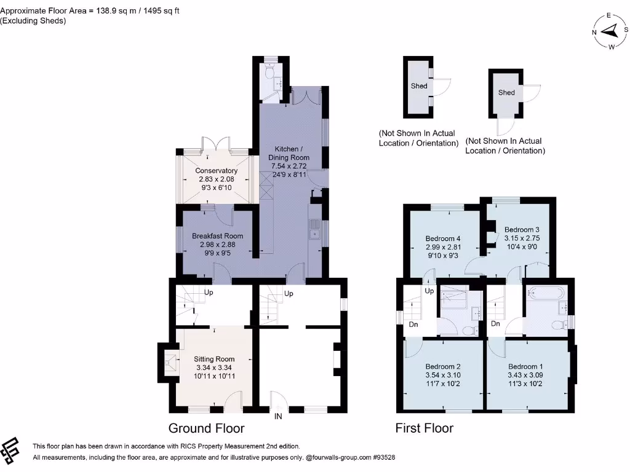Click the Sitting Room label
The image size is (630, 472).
214,359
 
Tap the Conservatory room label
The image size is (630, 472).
216,171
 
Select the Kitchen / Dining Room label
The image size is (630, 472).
289,153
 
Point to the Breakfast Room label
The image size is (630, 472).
217,236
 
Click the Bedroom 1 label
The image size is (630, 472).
525,366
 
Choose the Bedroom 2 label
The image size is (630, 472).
443,366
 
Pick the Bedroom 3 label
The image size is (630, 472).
522,230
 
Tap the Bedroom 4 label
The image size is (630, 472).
443,238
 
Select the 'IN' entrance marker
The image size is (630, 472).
278,417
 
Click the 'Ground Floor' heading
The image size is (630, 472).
207,428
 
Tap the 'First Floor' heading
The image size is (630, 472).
425,428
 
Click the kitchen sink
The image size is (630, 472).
314,229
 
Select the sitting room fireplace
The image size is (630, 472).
170,363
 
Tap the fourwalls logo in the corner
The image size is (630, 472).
10,448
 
